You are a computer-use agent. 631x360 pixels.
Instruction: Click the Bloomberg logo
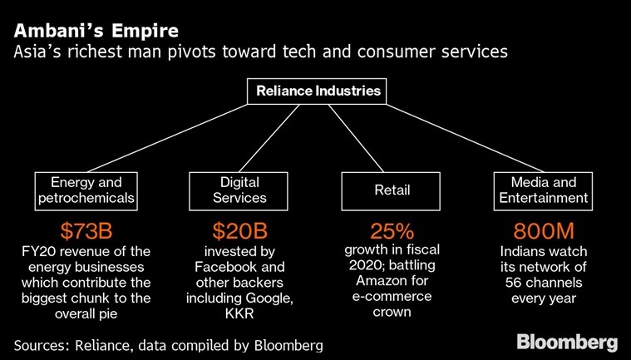click(566, 342)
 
